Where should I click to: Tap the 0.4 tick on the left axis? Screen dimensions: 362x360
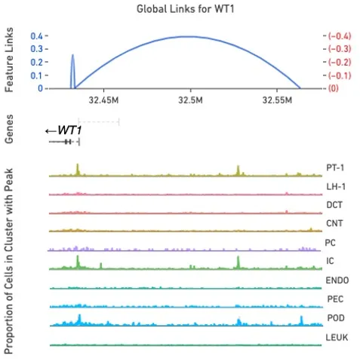coord(36,35)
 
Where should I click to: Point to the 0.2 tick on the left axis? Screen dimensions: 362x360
coord(36,62)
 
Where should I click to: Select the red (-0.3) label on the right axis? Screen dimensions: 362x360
coord(337,49)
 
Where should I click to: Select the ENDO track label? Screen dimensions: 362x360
coord(337,280)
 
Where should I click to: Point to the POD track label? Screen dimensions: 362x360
coord(335,318)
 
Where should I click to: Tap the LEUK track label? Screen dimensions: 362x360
coord(337,337)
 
